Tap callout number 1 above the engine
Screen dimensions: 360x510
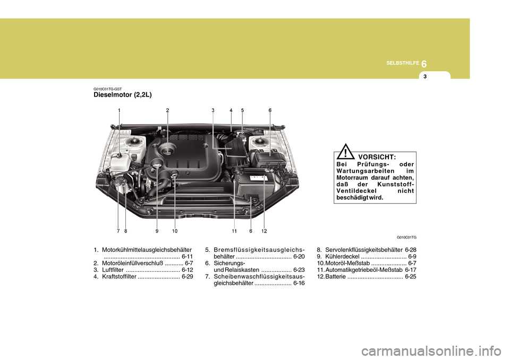click(x=120, y=110)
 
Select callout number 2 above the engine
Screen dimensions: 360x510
click(x=167, y=110)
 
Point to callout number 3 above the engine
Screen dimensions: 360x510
click(x=212, y=110)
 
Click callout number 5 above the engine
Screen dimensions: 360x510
click(x=242, y=110)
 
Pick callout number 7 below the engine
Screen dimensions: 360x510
click(x=118, y=232)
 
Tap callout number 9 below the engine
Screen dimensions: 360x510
click(x=157, y=232)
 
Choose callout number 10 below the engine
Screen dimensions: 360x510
click(x=174, y=232)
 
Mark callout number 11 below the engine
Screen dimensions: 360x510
click(x=234, y=232)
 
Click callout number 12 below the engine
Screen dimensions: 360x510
click(x=263, y=232)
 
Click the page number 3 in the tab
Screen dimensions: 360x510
click(x=425, y=77)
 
